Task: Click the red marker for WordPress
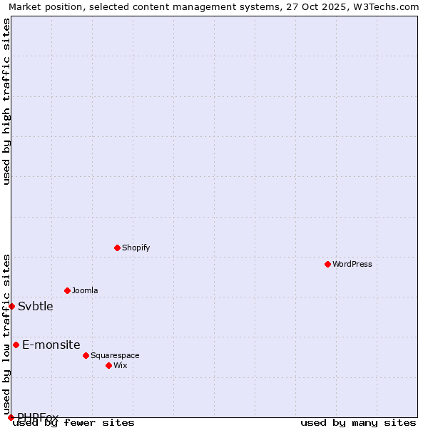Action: [327, 264]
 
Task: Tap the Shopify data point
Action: [117, 248]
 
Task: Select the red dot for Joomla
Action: [67, 290]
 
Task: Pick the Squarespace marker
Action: [86, 355]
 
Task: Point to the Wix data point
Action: [108, 365]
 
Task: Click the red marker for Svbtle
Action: [11, 306]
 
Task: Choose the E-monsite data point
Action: [16, 345]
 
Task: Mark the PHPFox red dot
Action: [11, 417]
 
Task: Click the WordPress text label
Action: [352, 264]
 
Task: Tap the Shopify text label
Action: [136, 248]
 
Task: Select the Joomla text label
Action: [85, 290]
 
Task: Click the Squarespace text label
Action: [115, 355]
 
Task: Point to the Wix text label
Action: [120, 365]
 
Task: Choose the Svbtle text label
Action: [36, 307]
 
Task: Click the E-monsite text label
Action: [51, 345]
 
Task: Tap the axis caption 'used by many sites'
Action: [358, 422]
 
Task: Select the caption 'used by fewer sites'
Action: [74, 422]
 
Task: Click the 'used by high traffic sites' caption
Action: [7, 101]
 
